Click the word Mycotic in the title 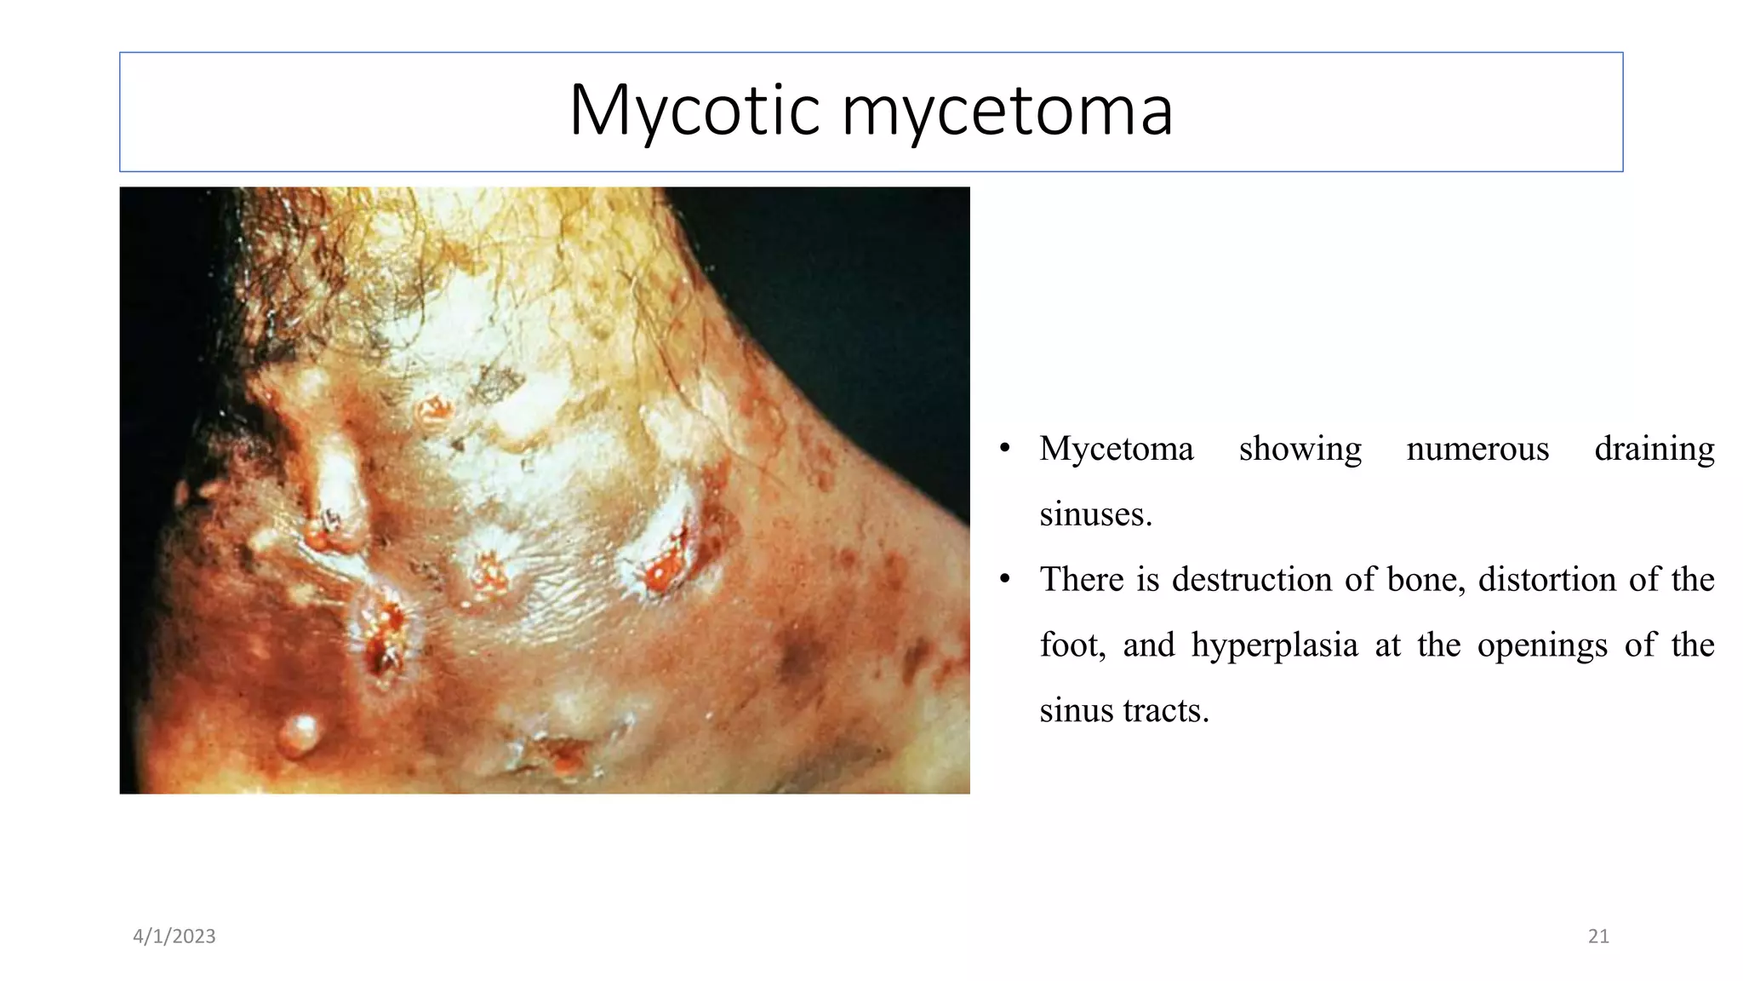coord(694,111)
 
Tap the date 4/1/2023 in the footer coord(174,936)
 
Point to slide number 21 coord(1598,936)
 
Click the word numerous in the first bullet coord(1477,449)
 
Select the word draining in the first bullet coord(1654,449)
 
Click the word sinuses coord(1095,514)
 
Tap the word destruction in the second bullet coord(1249,579)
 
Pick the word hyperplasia coord(1274,645)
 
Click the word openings coord(1542,645)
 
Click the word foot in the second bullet coord(1072,645)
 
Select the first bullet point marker coord(1005,449)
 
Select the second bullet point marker coord(1005,580)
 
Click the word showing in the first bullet coord(1300,449)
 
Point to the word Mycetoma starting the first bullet coord(1117,449)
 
